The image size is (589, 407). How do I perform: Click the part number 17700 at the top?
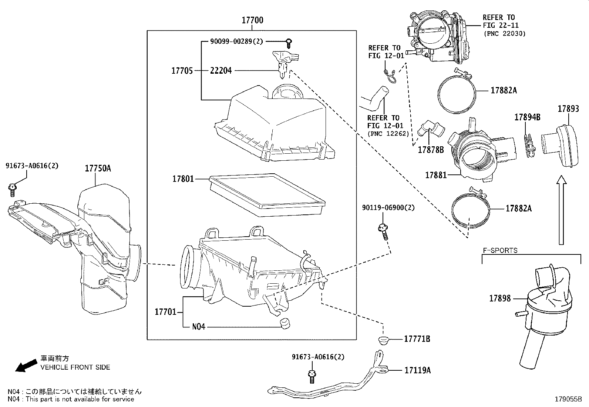[252, 20]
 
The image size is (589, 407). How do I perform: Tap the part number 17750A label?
[98, 169]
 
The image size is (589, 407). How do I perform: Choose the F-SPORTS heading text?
[500, 250]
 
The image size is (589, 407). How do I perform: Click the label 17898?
[500, 298]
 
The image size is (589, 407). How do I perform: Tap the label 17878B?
[431, 150]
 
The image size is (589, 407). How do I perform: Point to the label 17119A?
[417, 370]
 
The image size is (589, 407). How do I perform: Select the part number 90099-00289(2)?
[236, 41]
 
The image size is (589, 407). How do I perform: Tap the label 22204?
[221, 70]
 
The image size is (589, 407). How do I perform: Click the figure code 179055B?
[568, 400]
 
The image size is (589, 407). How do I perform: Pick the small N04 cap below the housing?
[285, 323]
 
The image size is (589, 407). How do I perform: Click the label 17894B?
[527, 117]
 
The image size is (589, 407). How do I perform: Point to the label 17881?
[436, 175]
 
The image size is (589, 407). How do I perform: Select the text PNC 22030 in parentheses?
[504, 33]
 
